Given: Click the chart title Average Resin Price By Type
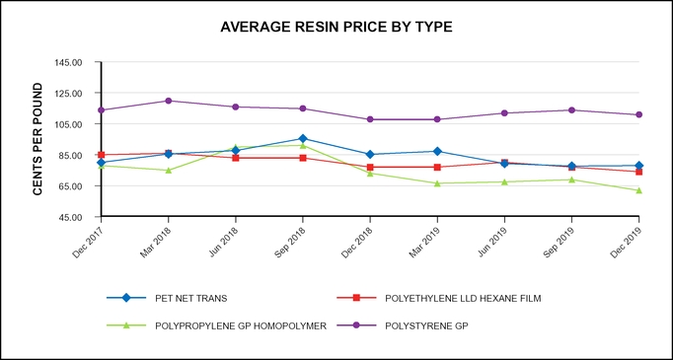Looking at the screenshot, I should pyautogui.click(x=336, y=27).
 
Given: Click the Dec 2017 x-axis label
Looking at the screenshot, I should pyautogui.click(x=87, y=239).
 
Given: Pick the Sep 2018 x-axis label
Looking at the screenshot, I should pyautogui.click(x=289, y=239).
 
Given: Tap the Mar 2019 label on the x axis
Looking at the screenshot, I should pyautogui.click(x=423, y=239).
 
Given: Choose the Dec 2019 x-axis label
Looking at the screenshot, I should pyautogui.click(x=626, y=239).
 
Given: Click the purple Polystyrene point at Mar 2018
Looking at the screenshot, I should pyautogui.click(x=169, y=101).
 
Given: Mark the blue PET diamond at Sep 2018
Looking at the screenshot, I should pyautogui.click(x=303, y=139).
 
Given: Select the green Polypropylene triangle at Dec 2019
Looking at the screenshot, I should pyautogui.click(x=639, y=190).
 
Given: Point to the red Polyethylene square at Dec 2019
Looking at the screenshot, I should pyautogui.click(x=639, y=172).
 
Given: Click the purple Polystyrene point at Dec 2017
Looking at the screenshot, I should pyautogui.click(x=102, y=109).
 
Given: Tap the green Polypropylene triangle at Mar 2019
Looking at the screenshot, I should pyautogui.click(x=437, y=183).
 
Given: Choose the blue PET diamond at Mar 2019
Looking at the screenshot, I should pyautogui.click(x=437, y=152).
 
